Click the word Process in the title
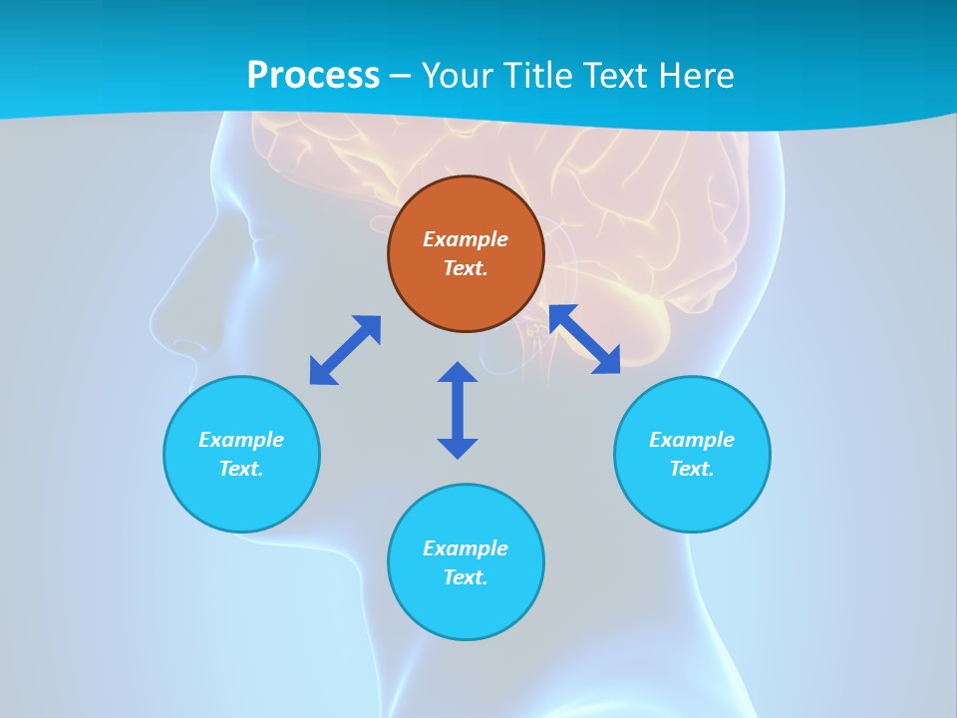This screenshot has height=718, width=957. (x=313, y=76)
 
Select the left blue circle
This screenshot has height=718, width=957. (x=241, y=499)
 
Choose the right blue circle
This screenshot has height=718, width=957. (x=692, y=499)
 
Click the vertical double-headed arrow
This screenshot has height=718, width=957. (x=458, y=410)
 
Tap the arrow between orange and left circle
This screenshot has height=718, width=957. (x=345, y=350)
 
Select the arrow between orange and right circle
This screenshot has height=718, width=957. (x=584, y=339)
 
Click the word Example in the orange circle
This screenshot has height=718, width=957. (x=466, y=239)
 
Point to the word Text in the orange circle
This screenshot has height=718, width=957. (x=466, y=268)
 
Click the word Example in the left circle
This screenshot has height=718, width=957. (x=241, y=440)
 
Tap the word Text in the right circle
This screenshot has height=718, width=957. (x=691, y=469)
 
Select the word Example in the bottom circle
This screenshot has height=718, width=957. (x=466, y=548)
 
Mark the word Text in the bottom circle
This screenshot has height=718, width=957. (x=466, y=577)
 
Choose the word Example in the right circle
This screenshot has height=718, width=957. (x=692, y=440)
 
